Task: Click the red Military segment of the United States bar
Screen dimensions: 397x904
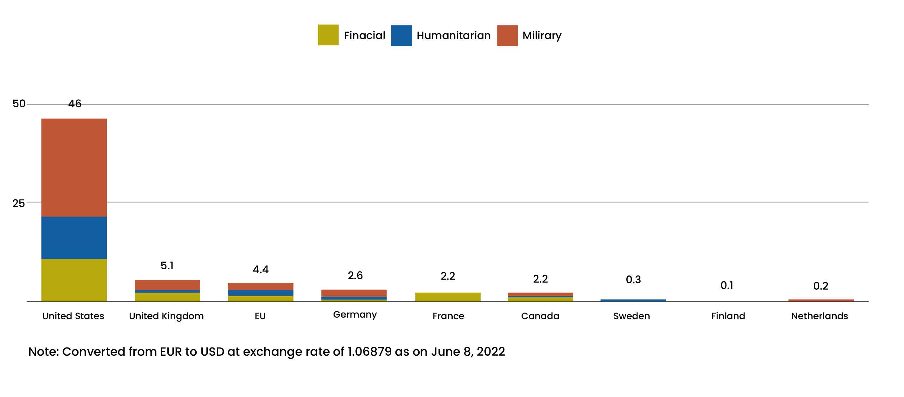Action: (74, 167)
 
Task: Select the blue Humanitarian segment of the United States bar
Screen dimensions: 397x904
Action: (74, 238)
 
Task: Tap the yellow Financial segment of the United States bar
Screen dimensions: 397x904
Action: (74, 280)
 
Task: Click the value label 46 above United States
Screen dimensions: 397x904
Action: (75, 104)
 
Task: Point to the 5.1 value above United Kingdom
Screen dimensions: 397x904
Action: (167, 266)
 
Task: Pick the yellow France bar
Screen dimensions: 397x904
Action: (448, 297)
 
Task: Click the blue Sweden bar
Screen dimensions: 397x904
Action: (633, 300)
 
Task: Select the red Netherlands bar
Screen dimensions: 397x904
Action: (821, 300)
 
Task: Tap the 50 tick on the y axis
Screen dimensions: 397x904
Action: (19, 104)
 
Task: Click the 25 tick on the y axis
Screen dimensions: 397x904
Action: (19, 203)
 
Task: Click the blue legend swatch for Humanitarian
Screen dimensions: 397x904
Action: (401, 36)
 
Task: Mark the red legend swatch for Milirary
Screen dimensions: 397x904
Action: (508, 36)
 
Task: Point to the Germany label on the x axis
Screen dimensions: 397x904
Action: (355, 314)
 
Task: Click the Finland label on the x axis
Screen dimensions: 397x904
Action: (728, 316)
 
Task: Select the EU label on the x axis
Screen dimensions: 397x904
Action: (260, 316)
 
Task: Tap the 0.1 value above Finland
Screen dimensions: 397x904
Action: (727, 286)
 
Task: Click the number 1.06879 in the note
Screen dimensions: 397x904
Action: (369, 351)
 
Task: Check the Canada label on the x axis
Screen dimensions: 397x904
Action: (540, 316)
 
